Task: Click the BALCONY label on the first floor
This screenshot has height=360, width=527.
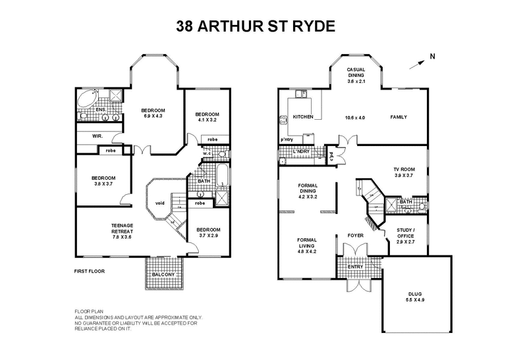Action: point(164,274)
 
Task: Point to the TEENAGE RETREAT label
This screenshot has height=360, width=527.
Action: point(123,228)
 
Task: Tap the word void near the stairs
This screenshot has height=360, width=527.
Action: point(159,203)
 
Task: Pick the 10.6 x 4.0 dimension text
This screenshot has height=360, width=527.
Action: point(355,117)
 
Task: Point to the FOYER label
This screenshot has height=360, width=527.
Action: point(356,234)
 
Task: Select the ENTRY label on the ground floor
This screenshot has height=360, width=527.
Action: point(356,267)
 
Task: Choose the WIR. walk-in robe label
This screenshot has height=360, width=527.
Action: point(97,136)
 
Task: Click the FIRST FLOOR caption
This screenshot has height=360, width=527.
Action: point(89,271)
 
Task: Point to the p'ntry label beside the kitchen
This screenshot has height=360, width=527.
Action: point(287,140)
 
